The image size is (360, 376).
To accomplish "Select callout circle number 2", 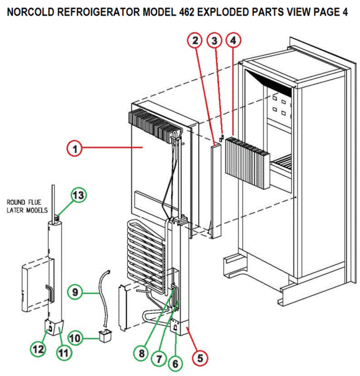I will tap(195, 41).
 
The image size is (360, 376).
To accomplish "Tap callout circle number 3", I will tap(214, 41).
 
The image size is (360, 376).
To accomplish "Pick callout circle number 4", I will tap(233, 41).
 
